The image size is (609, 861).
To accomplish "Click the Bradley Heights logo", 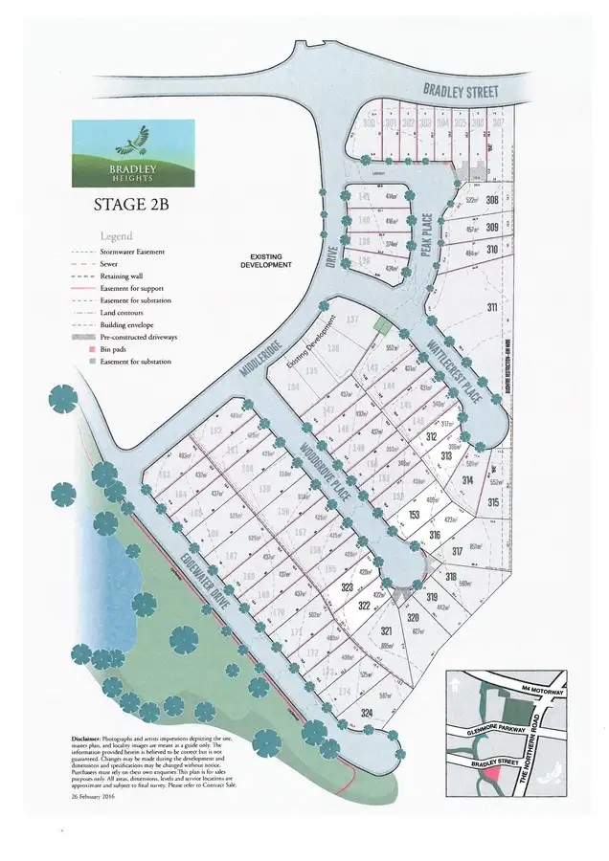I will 133,153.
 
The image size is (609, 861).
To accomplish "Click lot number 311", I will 492,307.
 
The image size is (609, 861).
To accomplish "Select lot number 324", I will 340,713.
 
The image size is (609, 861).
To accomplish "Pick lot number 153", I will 415,515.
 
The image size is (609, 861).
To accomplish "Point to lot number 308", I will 492,200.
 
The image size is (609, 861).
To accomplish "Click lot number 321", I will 387,632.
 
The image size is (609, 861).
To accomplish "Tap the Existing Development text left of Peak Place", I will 271,259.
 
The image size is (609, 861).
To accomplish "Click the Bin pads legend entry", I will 115,350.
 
